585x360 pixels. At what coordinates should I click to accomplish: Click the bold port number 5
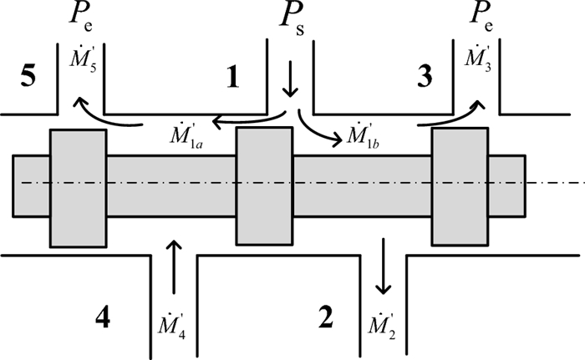point(28,76)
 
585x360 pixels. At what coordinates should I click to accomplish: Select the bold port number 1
point(233,78)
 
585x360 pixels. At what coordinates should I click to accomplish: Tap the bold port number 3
point(425,77)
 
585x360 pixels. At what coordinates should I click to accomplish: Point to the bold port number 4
point(103,318)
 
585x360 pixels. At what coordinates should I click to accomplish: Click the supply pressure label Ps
point(292,20)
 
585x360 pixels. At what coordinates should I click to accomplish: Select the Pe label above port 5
point(80,18)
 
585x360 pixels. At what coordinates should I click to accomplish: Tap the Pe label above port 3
point(481,18)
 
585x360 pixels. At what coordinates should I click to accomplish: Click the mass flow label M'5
point(83,59)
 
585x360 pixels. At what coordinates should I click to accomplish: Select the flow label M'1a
point(186,136)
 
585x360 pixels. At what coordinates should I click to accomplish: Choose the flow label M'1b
point(363,136)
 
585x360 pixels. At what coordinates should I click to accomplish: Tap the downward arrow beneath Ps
point(290,81)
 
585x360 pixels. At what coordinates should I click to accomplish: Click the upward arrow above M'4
point(174,266)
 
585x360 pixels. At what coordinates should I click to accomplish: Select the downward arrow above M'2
point(383,266)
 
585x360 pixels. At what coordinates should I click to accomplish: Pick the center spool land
point(264,186)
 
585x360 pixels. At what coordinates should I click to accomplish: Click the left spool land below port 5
point(79,189)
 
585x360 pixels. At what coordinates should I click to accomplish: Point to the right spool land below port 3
point(460,187)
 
